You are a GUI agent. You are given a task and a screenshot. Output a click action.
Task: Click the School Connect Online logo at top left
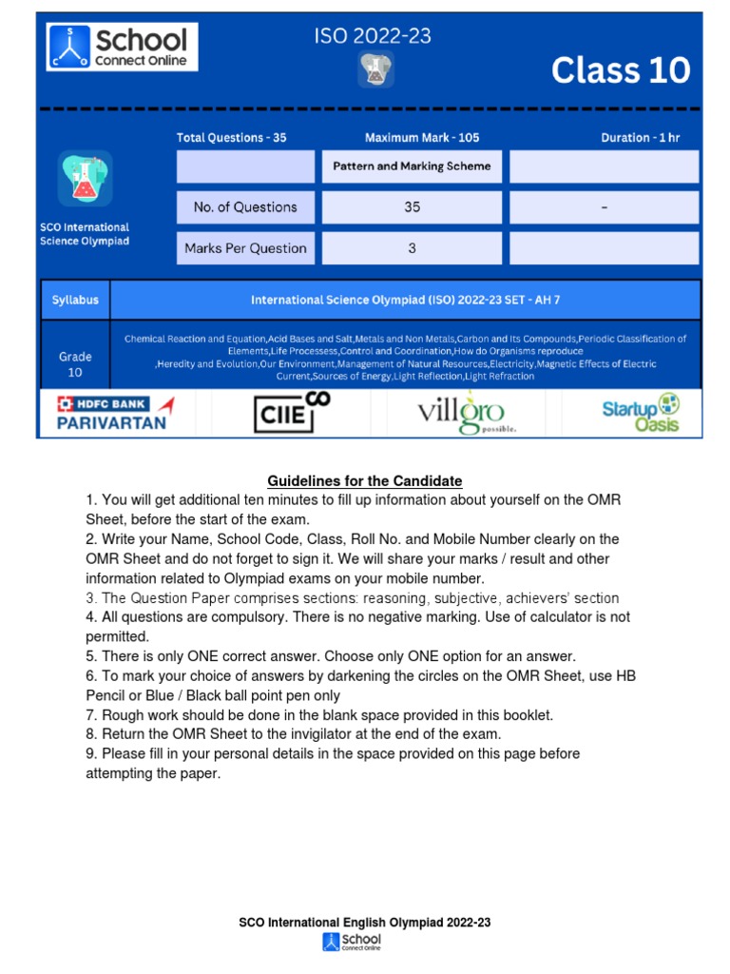coord(117,47)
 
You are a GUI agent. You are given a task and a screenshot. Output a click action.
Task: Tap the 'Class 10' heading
coord(621,70)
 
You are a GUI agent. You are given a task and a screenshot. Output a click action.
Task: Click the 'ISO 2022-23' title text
coord(373,37)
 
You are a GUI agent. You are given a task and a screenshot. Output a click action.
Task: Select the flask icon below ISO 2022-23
coord(375,71)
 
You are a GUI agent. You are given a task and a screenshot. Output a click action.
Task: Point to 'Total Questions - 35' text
coord(231,138)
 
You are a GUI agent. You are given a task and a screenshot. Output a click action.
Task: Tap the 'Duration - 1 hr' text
coord(640,138)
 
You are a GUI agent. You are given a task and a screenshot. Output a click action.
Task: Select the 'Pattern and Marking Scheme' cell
coord(412,166)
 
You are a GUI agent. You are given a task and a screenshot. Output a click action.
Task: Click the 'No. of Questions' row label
coord(245,207)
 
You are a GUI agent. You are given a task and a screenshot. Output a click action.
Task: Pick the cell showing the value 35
coord(412,207)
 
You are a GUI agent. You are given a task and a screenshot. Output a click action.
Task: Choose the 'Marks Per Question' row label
coord(245,248)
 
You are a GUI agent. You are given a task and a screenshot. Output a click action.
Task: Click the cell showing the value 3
coord(412,248)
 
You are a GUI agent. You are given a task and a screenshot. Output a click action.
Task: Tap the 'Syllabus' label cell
coord(75,300)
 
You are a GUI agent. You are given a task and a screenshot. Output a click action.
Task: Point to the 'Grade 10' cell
coord(75,364)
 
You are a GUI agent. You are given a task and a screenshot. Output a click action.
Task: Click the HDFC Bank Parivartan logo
coord(112,413)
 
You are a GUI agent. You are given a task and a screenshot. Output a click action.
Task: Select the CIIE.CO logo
coord(291,412)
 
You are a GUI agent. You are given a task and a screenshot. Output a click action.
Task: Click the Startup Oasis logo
coord(640,412)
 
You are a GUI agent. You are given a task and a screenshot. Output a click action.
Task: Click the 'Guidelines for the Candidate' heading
coord(365,481)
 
